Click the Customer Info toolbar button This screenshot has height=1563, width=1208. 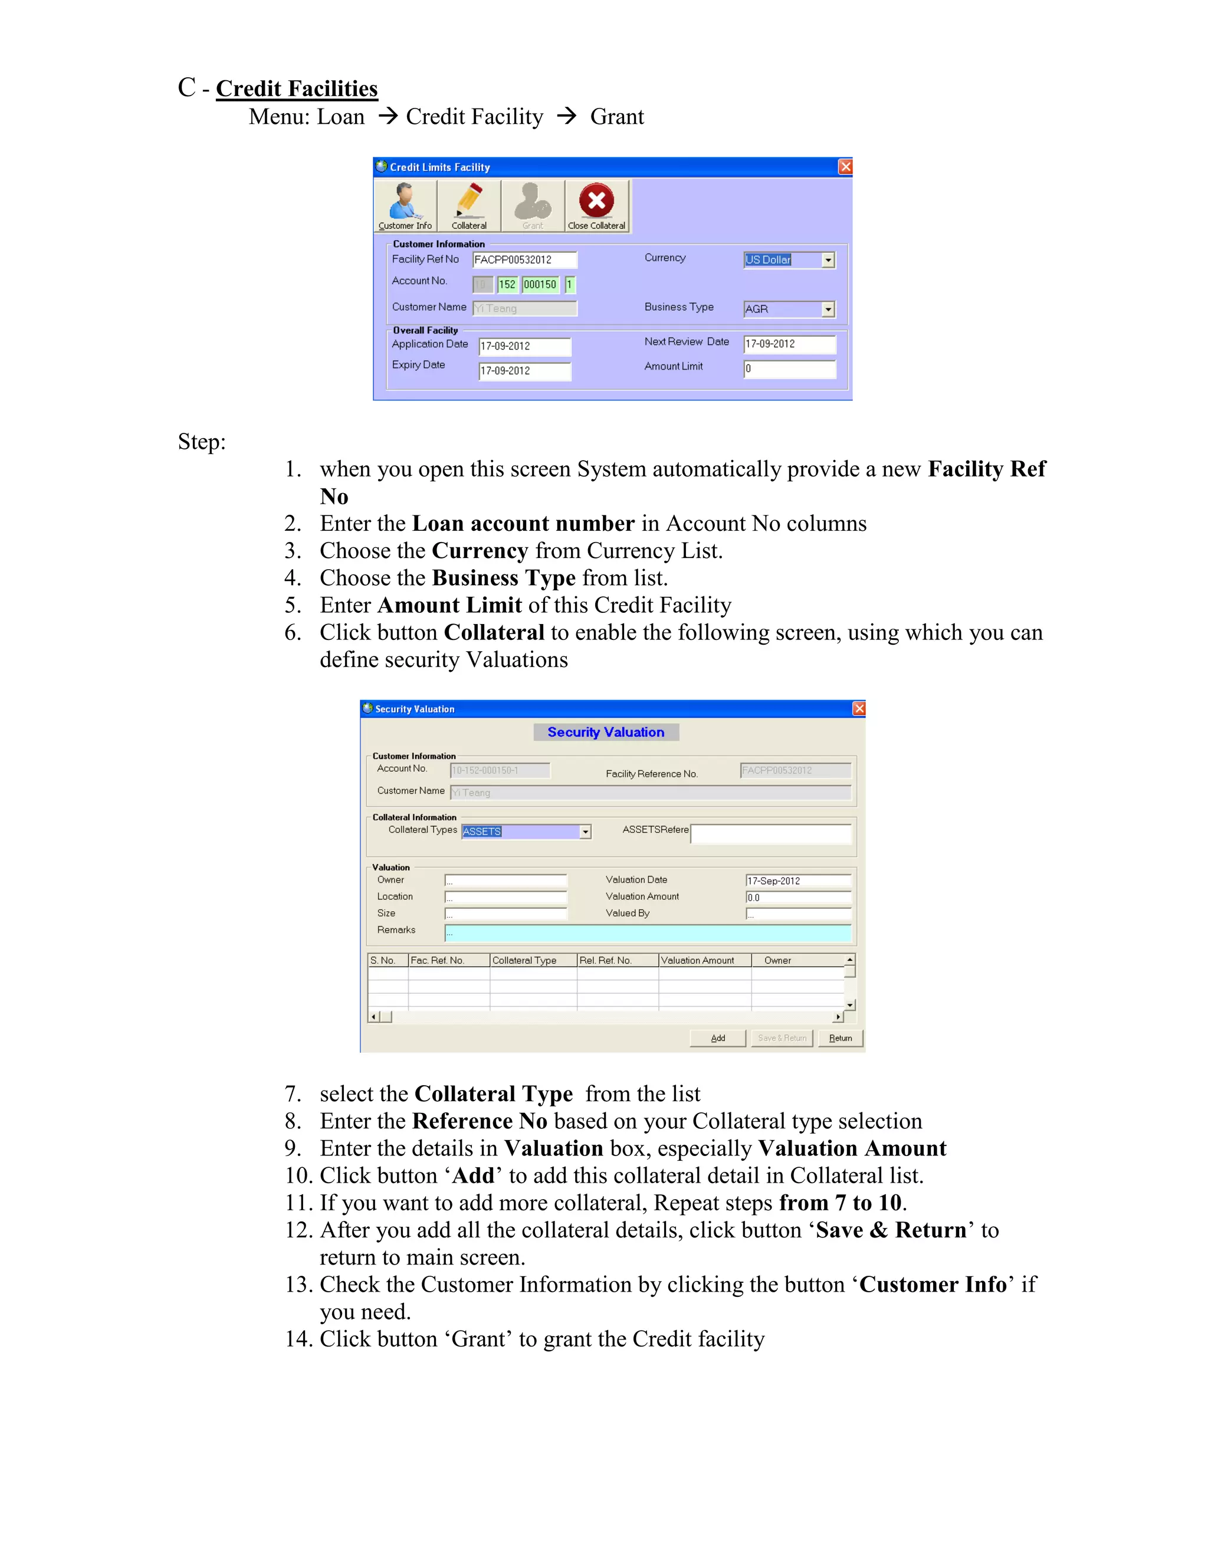pos(405,205)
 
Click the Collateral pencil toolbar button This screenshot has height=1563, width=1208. pos(469,205)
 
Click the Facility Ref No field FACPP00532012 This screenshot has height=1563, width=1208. pos(524,260)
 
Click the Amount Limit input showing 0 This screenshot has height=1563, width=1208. pos(789,369)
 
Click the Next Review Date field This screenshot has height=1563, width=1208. pos(789,344)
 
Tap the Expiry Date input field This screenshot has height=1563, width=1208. pos(524,371)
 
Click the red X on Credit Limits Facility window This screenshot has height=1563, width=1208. pos(845,167)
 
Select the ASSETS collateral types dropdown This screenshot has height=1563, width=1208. pos(526,832)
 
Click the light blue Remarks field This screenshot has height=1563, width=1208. pos(648,932)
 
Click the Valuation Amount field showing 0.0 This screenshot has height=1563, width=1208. pos(798,898)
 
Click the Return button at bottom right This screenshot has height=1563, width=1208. pos(840,1037)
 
